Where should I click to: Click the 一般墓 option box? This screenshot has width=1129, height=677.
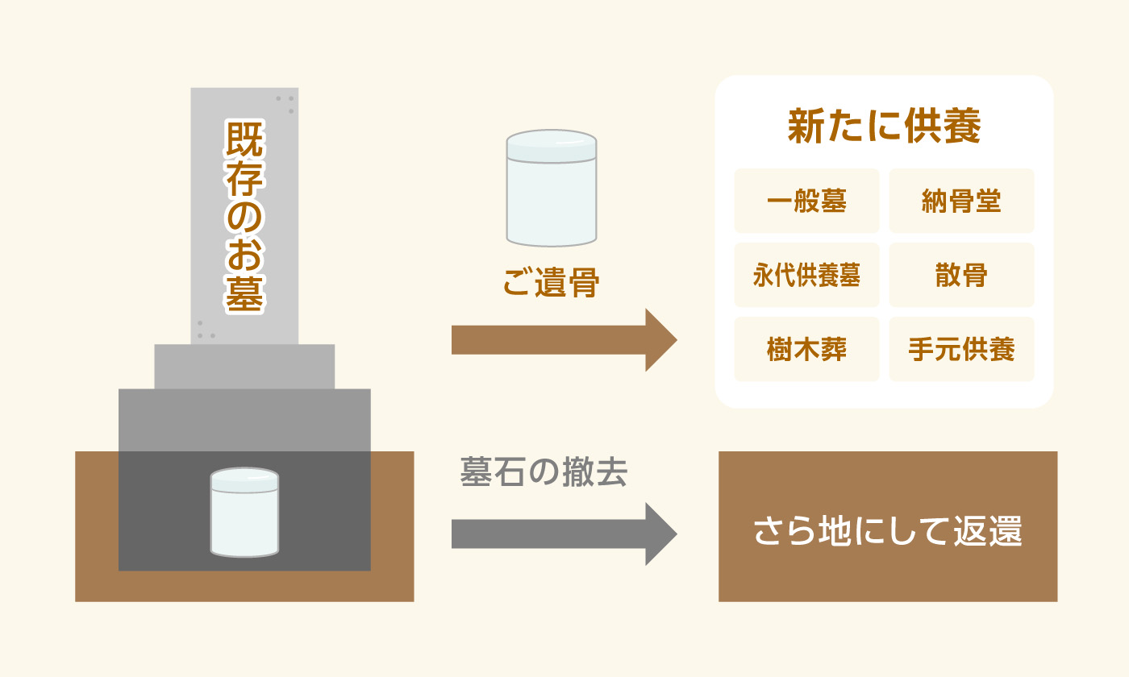tap(806, 201)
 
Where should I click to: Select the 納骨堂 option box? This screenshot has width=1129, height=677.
tap(961, 201)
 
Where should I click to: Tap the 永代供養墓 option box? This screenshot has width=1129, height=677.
tap(806, 275)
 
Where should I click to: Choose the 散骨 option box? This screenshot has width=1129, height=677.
tap(961, 275)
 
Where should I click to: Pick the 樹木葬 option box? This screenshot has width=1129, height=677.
tap(806, 349)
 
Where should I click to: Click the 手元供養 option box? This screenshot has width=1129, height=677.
tap(961, 349)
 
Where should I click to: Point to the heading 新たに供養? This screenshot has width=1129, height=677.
tap(884, 126)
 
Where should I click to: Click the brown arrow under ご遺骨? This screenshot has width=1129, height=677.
tap(564, 340)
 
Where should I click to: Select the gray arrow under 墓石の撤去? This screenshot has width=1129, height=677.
tap(564, 534)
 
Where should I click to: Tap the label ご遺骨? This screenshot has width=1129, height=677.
tap(551, 282)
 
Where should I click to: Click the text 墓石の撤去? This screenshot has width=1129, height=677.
tap(544, 472)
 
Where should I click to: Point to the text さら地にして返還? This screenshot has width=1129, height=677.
tap(888, 531)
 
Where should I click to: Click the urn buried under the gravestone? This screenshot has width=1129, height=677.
tap(244, 513)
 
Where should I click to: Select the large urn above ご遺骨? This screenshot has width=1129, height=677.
tap(552, 188)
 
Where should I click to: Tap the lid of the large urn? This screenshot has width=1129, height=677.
tap(552, 146)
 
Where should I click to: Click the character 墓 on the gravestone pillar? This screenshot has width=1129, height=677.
tap(244, 293)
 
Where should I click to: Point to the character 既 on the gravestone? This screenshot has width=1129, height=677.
tap(244, 139)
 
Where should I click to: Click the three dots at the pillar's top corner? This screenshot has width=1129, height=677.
tap(285, 104)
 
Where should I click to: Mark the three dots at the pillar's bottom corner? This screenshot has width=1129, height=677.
tap(206, 330)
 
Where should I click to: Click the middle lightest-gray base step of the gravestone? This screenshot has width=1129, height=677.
tap(244, 367)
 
